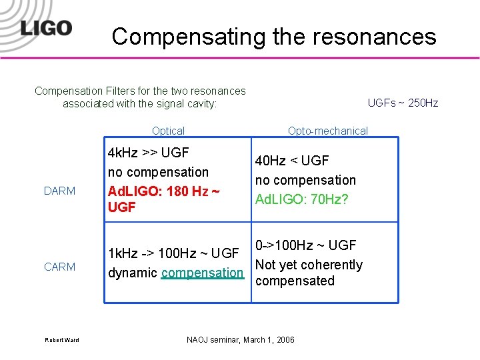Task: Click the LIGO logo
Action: tap(45, 28)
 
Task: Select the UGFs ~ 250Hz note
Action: tap(403, 103)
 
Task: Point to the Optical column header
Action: tap(168, 131)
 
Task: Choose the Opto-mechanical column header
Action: tap(327, 131)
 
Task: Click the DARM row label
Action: tap(59, 191)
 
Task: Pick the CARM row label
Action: tap(59, 267)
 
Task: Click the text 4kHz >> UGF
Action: tap(148, 153)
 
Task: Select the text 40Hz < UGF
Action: tap(292, 161)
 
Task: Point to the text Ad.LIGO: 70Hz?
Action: tap(302, 199)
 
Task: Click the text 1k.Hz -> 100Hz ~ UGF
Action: tap(173, 253)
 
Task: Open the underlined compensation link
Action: tap(203, 273)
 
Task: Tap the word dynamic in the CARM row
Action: tap(133, 273)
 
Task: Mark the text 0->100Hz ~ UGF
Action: tap(305, 245)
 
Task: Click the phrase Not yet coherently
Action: tap(309, 265)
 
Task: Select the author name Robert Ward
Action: tap(62, 340)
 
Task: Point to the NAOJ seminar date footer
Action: tap(240, 340)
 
